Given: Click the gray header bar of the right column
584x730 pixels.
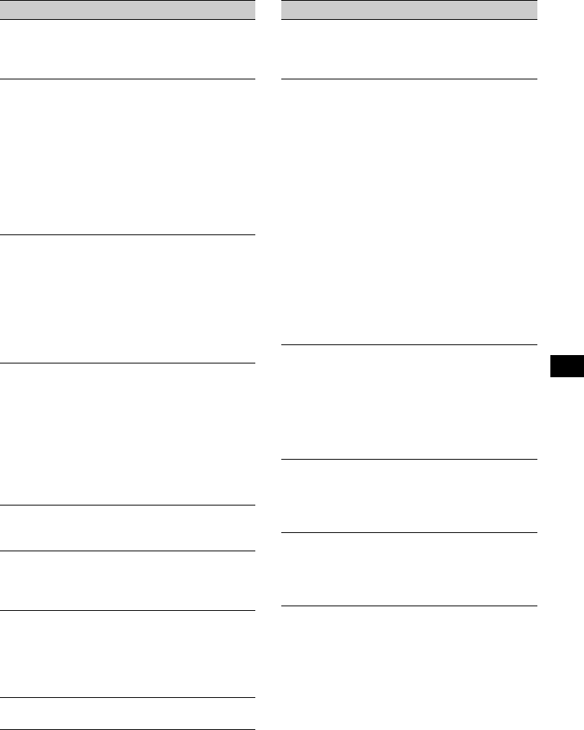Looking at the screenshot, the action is point(410,10).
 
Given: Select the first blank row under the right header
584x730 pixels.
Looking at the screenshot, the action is point(410,49).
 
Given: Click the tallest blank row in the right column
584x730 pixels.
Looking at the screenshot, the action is point(410,212).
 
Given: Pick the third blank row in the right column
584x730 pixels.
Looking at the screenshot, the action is point(410,402).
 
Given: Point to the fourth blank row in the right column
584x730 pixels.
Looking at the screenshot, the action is point(410,496).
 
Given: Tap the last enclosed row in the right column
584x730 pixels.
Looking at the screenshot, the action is point(410,570).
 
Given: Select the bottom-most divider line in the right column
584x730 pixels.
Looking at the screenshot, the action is point(410,606).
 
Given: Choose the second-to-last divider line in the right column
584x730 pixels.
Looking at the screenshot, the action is point(410,533).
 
